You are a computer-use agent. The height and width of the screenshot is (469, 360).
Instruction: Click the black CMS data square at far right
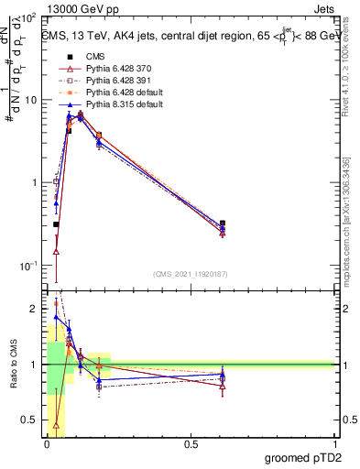click(x=223, y=223)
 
